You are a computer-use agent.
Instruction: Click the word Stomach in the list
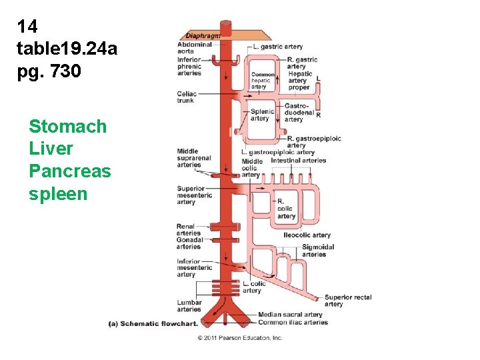coord(67,126)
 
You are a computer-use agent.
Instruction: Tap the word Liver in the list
coord(51,149)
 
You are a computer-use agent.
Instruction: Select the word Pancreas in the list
coord(70,171)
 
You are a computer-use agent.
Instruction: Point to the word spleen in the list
coord(58,194)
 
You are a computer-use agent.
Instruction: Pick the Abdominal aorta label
coord(194,48)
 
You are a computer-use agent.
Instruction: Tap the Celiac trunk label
coord(186,97)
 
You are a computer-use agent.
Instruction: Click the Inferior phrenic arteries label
coord(189,67)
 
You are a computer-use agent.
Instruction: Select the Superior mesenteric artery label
coord(195,195)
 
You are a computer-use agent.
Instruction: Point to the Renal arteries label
coord(189,230)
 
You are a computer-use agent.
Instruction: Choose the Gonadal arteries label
coord(189,243)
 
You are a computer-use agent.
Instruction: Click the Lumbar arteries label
coord(189,306)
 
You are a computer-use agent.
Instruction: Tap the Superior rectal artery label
coord(347,301)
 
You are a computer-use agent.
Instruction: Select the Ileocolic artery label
coord(307,235)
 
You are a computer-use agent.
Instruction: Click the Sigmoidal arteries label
coord(318,251)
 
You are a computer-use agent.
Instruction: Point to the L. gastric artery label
coord(278,47)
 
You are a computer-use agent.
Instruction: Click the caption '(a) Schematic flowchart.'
coord(153,324)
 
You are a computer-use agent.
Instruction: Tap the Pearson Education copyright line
coord(239,338)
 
